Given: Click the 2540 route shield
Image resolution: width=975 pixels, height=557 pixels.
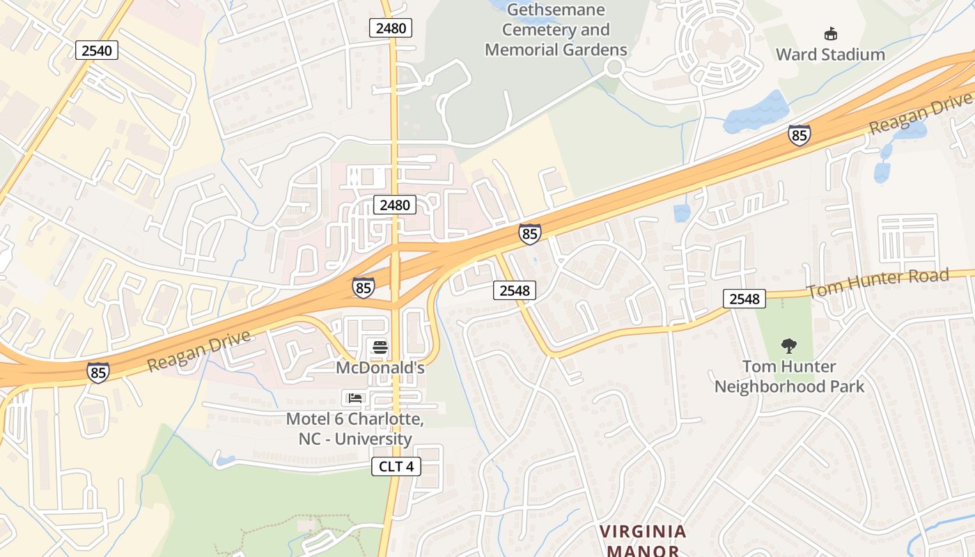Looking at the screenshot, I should click(96, 50).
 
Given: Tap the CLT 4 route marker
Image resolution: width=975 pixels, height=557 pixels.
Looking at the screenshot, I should click(396, 466).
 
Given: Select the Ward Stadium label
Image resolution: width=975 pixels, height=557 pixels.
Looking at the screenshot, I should click(830, 54).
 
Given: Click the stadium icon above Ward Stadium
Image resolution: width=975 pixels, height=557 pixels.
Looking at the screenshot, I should click(830, 33).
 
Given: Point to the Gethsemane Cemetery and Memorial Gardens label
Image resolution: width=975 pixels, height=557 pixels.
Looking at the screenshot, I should click(556, 30).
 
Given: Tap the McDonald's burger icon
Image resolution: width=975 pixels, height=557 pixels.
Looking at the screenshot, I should click(380, 347).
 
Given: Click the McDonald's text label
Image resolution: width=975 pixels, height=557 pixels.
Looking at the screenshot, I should click(380, 367).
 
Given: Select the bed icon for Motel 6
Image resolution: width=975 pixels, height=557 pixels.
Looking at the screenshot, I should click(355, 398).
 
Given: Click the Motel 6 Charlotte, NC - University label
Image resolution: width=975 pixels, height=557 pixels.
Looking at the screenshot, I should click(355, 430).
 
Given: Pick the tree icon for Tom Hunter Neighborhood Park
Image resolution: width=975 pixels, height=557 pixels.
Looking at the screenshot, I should click(788, 345).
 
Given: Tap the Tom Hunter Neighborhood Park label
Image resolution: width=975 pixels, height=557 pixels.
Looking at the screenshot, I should click(789, 376).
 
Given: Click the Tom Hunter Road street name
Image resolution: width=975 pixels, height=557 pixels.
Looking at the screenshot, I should click(877, 282).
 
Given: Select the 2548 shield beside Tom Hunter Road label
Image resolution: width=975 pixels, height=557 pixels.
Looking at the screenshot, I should click(744, 299).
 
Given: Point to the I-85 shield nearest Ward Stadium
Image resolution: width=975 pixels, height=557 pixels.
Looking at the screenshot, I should click(799, 135).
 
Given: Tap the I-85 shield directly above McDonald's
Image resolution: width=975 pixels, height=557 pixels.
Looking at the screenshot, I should click(363, 288).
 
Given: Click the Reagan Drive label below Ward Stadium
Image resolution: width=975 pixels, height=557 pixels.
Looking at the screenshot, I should click(919, 113).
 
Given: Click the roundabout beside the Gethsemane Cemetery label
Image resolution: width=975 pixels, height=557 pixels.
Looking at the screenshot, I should click(614, 68).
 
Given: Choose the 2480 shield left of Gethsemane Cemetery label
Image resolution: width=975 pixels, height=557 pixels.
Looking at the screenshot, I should click(391, 28).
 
